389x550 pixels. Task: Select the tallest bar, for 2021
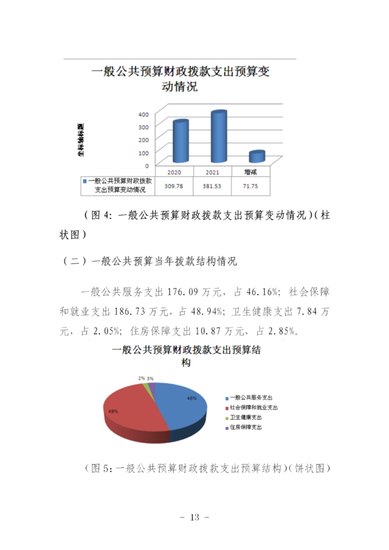[x=218, y=137]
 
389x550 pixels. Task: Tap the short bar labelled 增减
[x=256, y=156]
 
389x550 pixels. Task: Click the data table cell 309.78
[x=174, y=185]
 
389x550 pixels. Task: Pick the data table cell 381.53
[x=212, y=185]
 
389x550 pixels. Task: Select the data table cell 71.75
[x=250, y=185]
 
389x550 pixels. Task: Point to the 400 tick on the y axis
[x=143, y=114]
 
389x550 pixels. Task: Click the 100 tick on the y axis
[x=143, y=152]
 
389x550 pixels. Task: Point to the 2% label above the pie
[x=142, y=378]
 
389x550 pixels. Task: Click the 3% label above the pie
[x=150, y=378]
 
